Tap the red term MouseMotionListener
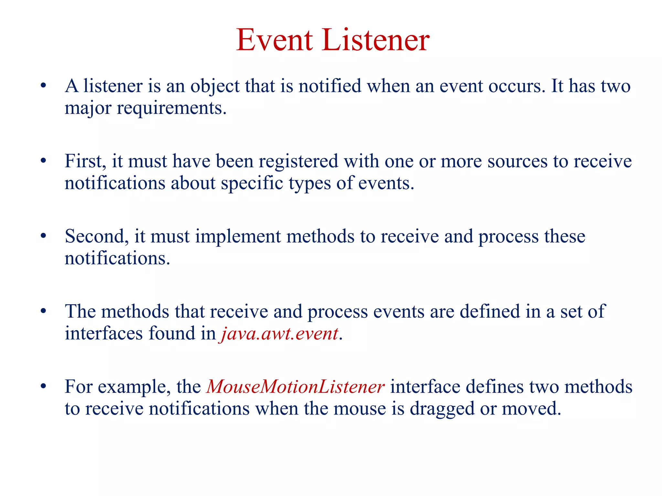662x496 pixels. tap(295, 387)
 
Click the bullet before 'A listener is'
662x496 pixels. tap(43, 86)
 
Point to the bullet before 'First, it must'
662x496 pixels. tap(43, 161)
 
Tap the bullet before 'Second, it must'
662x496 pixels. tap(43, 236)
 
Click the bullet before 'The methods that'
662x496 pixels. tap(43, 311)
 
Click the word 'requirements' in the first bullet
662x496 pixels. tap(171, 108)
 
